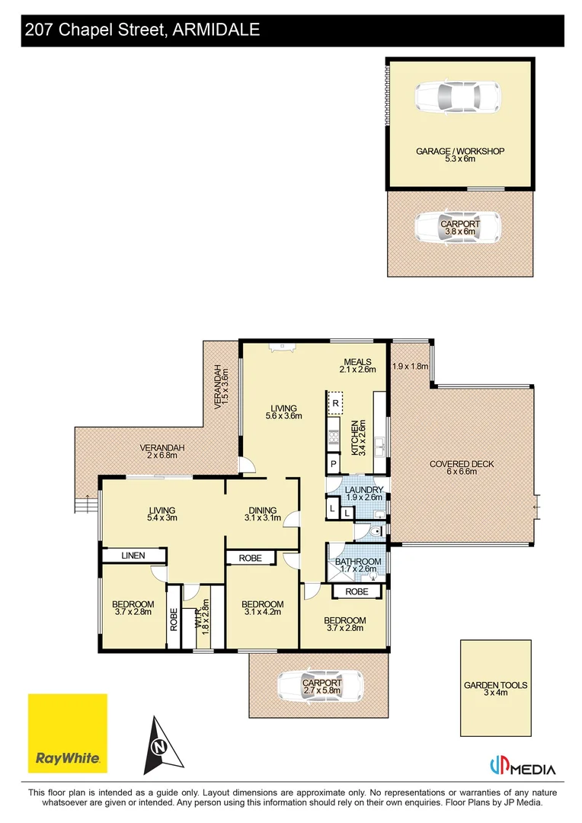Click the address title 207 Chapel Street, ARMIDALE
pos(142,30)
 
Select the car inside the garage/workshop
pos(457,98)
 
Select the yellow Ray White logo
pos(68,733)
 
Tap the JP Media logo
pos(522,767)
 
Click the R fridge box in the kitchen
pos(334,402)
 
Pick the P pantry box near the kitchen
pos(334,463)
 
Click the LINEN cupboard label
pos(133,556)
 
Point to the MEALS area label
pos(357,362)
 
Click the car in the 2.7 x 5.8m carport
pos(315,686)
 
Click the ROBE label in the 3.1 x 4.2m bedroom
pos(250,558)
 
